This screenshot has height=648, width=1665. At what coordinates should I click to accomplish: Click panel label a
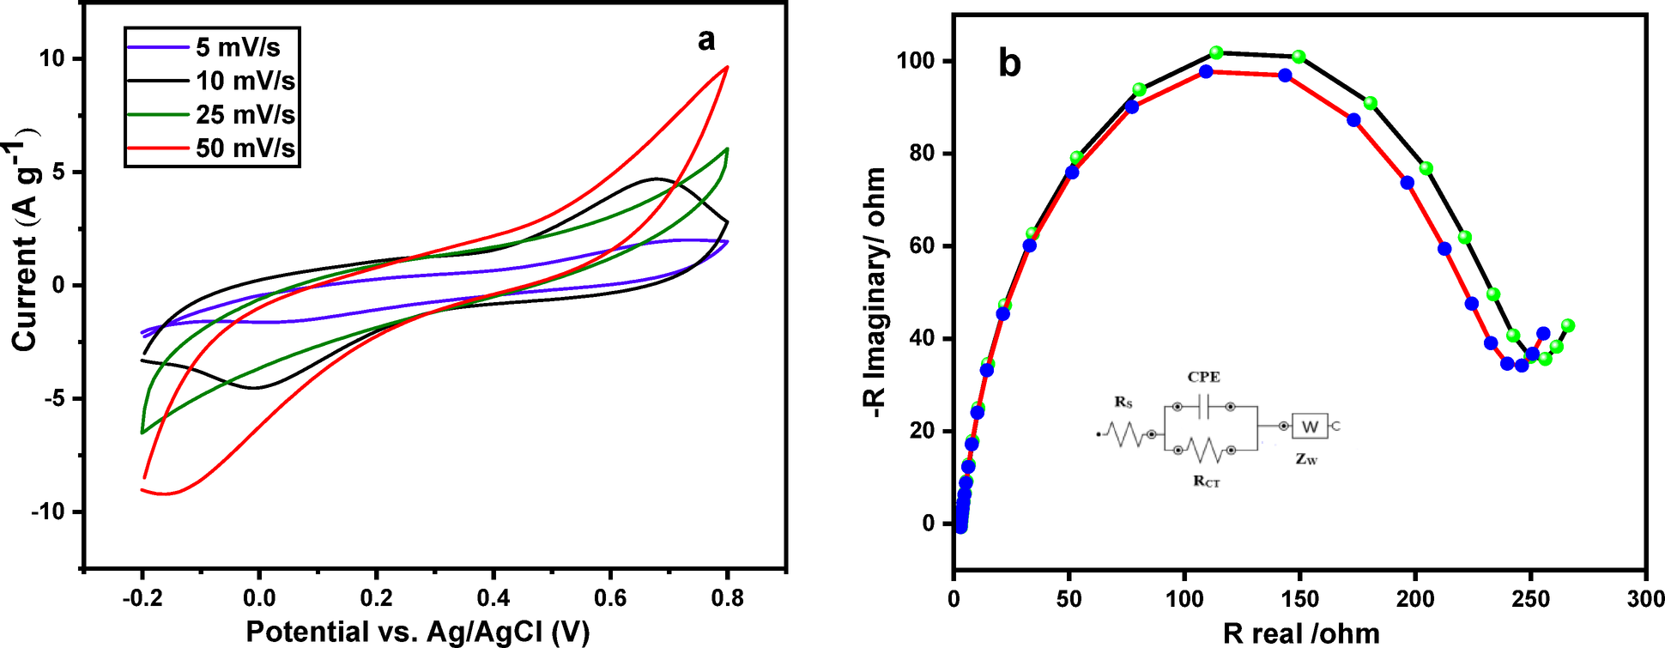tap(705, 39)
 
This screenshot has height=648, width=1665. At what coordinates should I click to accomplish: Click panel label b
tap(1009, 64)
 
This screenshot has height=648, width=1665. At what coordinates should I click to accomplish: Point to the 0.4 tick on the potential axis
tap(493, 597)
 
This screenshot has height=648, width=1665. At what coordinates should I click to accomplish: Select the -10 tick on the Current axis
tap(48, 512)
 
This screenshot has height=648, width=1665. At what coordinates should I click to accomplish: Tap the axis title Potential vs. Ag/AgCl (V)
tap(418, 633)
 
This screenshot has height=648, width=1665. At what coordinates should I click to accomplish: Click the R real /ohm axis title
tap(1301, 633)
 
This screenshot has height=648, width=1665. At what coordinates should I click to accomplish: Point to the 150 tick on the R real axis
tap(1300, 598)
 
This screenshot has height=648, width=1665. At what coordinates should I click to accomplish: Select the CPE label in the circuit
tap(1203, 378)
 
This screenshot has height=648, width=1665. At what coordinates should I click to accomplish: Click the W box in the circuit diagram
tap(1310, 427)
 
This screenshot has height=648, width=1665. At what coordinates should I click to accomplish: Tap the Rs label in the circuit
tap(1123, 402)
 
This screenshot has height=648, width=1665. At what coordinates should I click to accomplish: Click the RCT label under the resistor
tap(1206, 481)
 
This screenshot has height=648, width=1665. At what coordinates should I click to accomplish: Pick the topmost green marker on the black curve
tap(1216, 53)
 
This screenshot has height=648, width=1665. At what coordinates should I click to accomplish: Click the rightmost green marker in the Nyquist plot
tap(1568, 325)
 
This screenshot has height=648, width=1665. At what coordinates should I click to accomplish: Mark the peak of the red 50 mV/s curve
tap(727, 67)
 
